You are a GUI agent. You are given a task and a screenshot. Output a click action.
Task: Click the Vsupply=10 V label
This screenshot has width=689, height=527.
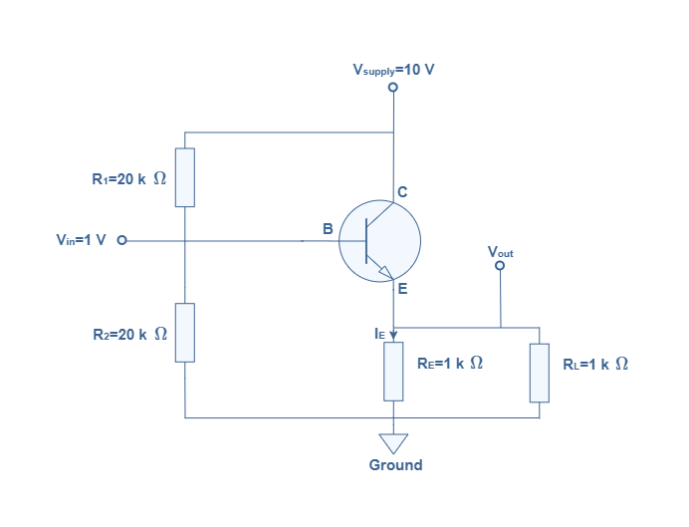click(393, 70)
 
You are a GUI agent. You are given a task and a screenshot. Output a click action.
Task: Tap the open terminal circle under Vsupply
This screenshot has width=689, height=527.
click(393, 87)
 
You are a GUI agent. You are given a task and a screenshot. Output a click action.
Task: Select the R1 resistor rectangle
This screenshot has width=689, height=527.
click(185, 177)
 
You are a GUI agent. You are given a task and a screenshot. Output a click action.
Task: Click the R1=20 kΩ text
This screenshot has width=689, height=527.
click(129, 179)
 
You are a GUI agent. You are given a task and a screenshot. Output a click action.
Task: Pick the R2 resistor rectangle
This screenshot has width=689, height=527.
click(185, 333)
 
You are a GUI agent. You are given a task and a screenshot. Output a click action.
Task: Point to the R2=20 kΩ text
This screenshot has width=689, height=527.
click(130, 334)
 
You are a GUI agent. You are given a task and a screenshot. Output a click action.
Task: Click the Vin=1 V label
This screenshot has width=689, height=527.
click(82, 240)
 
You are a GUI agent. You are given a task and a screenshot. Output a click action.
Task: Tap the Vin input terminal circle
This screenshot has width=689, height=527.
click(121, 240)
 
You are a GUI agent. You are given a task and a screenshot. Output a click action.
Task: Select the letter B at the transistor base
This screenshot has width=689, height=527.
click(328, 229)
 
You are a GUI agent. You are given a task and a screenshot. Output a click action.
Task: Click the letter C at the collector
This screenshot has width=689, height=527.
click(402, 192)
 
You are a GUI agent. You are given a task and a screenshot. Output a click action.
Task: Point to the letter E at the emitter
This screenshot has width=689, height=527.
click(402, 289)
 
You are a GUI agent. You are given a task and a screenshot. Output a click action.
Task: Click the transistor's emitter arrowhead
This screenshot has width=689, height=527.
click(387, 273)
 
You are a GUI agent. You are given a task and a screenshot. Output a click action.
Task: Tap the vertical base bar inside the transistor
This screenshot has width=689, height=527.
click(366, 241)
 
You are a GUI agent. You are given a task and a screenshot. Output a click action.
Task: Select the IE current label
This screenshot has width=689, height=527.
click(379, 334)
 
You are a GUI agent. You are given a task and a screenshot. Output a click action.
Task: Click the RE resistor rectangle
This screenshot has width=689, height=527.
click(393, 372)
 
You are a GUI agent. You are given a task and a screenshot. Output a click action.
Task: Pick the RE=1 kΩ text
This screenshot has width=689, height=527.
click(450, 363)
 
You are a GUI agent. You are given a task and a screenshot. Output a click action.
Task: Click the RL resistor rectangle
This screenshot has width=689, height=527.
click(540, 373)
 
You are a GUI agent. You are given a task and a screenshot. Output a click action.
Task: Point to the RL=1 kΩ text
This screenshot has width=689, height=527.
click(595, 364)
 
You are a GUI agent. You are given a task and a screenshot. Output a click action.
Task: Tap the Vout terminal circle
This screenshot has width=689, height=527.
click(500, 265)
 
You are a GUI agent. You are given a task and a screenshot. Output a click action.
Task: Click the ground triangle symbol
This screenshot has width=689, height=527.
click(393, 442)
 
